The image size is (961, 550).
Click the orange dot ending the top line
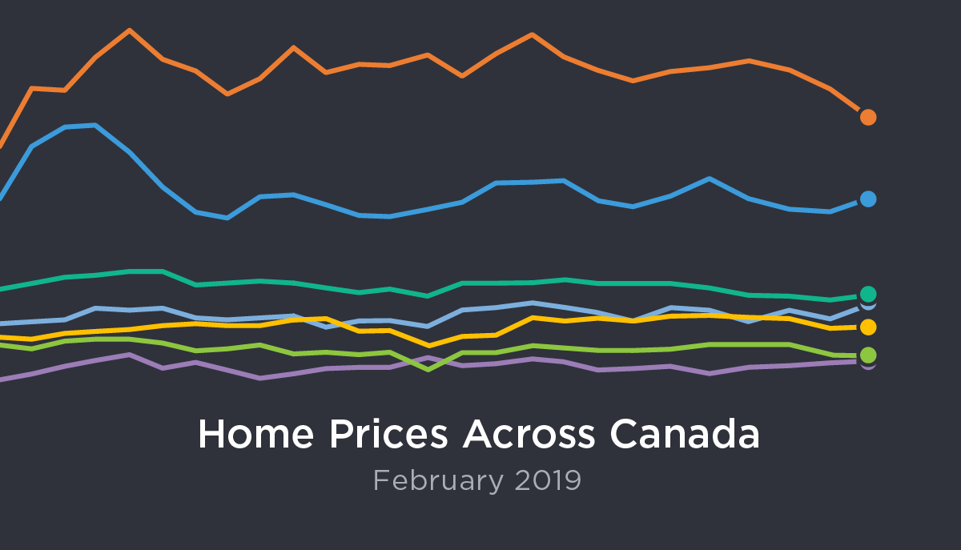coord(868,117)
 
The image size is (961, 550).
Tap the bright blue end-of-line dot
coord(868,199)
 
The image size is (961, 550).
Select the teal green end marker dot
coord(868,294)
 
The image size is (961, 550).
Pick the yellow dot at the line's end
coord(868,327)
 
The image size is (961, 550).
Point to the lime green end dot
coord(868,355)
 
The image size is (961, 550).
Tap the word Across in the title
coord(529,434)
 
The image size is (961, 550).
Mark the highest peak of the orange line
coord(129,30)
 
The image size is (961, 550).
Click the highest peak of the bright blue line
coord(95,125)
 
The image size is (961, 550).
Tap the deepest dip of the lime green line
coord(429,369)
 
